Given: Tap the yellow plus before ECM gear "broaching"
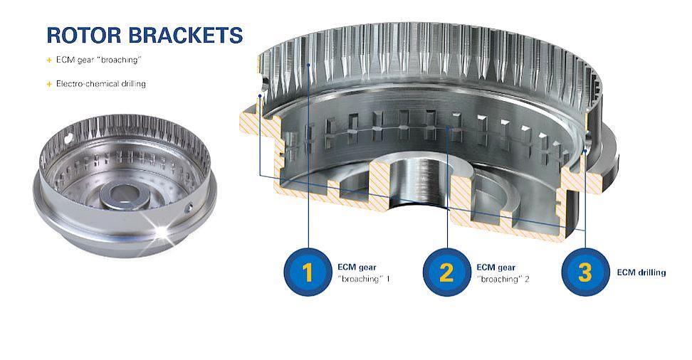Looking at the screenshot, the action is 49,60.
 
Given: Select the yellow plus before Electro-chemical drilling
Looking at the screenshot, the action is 49,84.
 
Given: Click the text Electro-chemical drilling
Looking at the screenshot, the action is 100,84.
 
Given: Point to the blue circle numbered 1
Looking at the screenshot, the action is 308,272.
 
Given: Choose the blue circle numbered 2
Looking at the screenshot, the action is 446,272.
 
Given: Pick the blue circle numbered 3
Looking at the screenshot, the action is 585,272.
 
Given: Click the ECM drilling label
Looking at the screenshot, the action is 641,272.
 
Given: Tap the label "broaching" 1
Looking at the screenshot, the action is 364,280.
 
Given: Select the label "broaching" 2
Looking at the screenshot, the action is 503,280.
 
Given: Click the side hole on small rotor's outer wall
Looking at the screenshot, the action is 190,206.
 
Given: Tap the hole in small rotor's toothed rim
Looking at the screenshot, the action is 68,140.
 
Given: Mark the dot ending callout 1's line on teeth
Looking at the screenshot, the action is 308,65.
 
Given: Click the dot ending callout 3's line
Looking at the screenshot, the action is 584,151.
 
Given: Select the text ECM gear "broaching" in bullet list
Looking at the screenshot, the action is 98,60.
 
